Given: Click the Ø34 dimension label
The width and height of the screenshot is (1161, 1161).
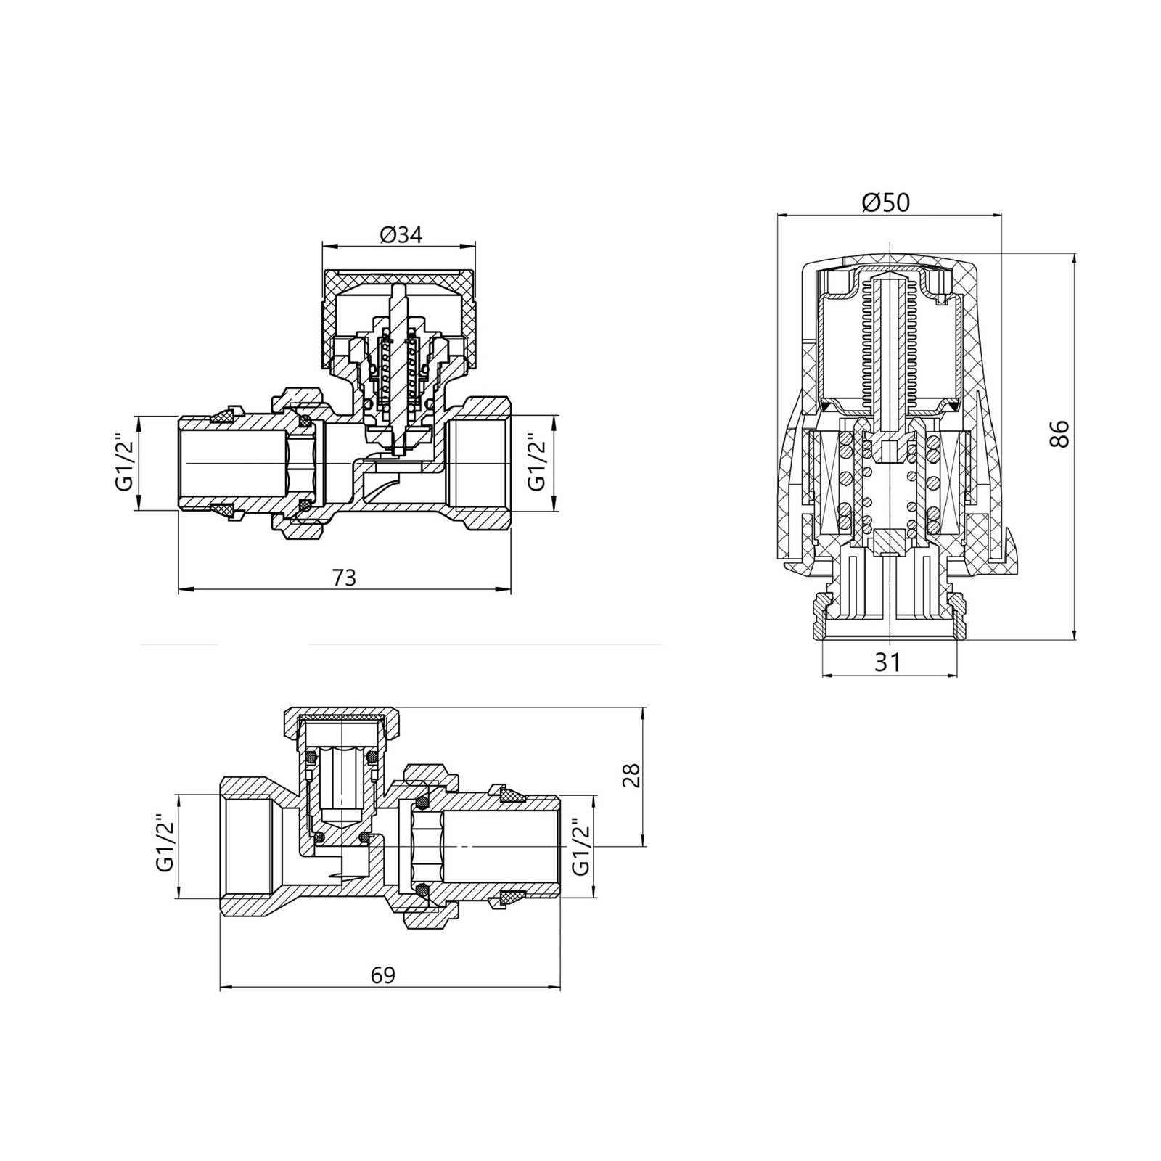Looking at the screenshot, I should (400, 234).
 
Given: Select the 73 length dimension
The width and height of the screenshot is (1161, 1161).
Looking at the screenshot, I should (344, 578).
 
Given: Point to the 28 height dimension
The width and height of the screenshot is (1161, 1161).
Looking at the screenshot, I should (630, 775).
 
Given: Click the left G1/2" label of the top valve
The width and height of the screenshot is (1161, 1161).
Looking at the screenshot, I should (124, 463).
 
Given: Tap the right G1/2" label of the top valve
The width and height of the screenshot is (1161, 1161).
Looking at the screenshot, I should (536, 463).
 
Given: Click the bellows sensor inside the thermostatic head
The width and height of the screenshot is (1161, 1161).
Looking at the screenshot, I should (890, 341).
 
